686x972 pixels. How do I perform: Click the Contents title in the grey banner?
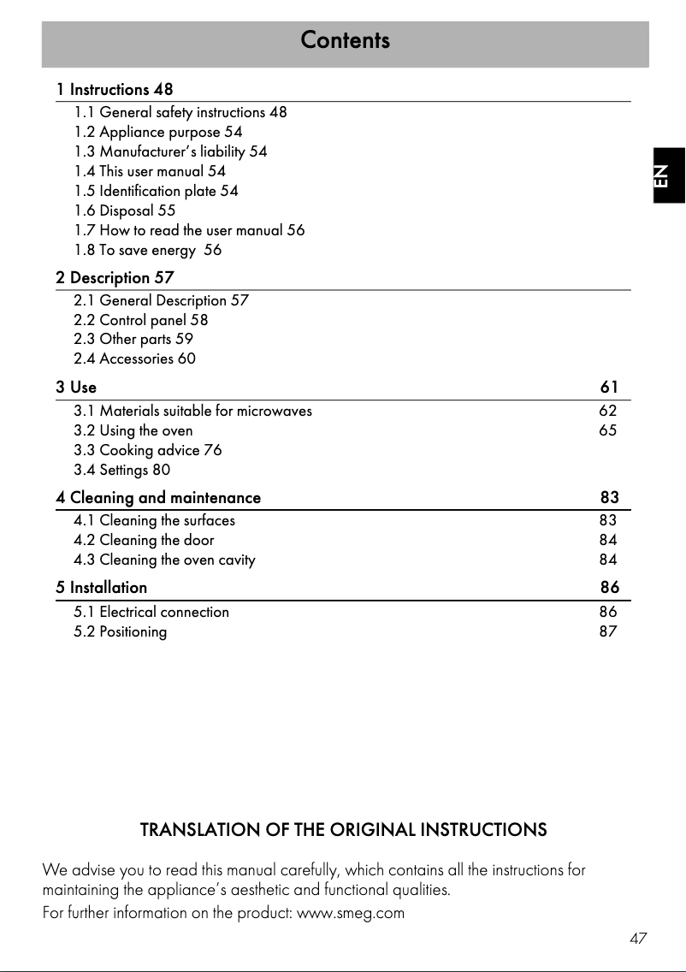(x=345, y=40)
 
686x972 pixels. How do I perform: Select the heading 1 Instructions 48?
(x=115, y=90)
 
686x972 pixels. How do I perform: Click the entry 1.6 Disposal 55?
(x=125, y=210)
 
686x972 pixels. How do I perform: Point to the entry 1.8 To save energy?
(x=148, y=250)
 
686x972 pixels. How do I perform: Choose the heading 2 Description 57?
(x=115, y=278)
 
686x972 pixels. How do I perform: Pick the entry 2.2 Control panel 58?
(x=141, y=320)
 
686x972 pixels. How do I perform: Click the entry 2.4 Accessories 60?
(x=135, y=359)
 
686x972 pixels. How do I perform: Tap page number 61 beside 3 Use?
(x=609, y=388)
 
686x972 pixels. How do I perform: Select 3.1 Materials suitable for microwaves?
(x=193, y=411)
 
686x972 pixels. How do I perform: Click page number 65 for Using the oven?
(x=607, y=430)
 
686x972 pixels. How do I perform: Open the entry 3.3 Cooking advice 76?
(x=148, y=450)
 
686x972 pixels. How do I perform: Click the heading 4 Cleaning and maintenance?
(x=158, y=498)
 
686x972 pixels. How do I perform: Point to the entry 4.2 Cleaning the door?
(x=145, y=540)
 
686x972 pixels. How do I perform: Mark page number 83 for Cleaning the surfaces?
(x=608, y=520)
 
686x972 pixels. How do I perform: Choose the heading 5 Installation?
(x=102, y=588)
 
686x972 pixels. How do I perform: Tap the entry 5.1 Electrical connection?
(x=151, y=612)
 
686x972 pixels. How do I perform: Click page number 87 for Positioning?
(x=608, y=632)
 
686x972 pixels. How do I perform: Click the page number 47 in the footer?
(x=638, y=939)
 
